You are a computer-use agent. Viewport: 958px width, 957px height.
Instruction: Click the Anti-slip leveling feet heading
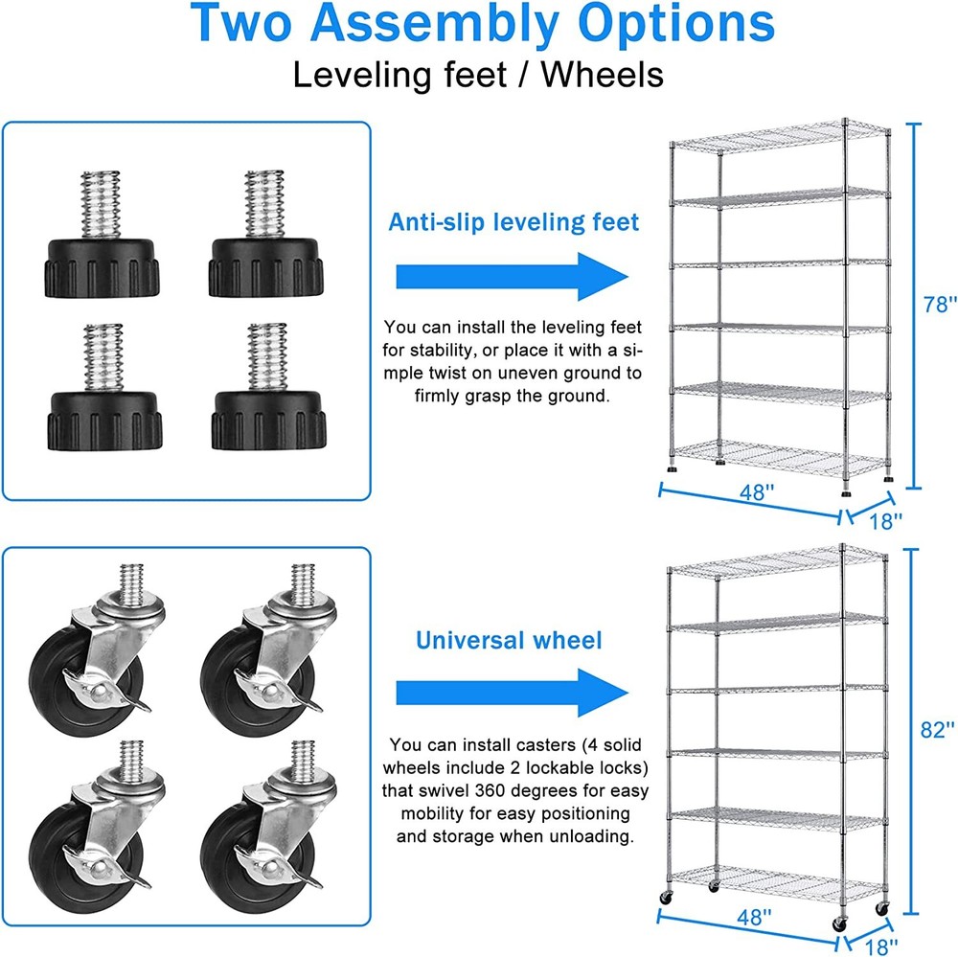513,222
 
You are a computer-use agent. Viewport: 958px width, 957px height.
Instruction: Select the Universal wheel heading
509,640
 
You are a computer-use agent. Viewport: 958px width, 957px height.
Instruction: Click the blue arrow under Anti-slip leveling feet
513,276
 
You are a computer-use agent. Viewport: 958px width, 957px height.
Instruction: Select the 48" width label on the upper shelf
756,492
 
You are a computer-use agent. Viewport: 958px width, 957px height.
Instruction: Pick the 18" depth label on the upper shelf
886,520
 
